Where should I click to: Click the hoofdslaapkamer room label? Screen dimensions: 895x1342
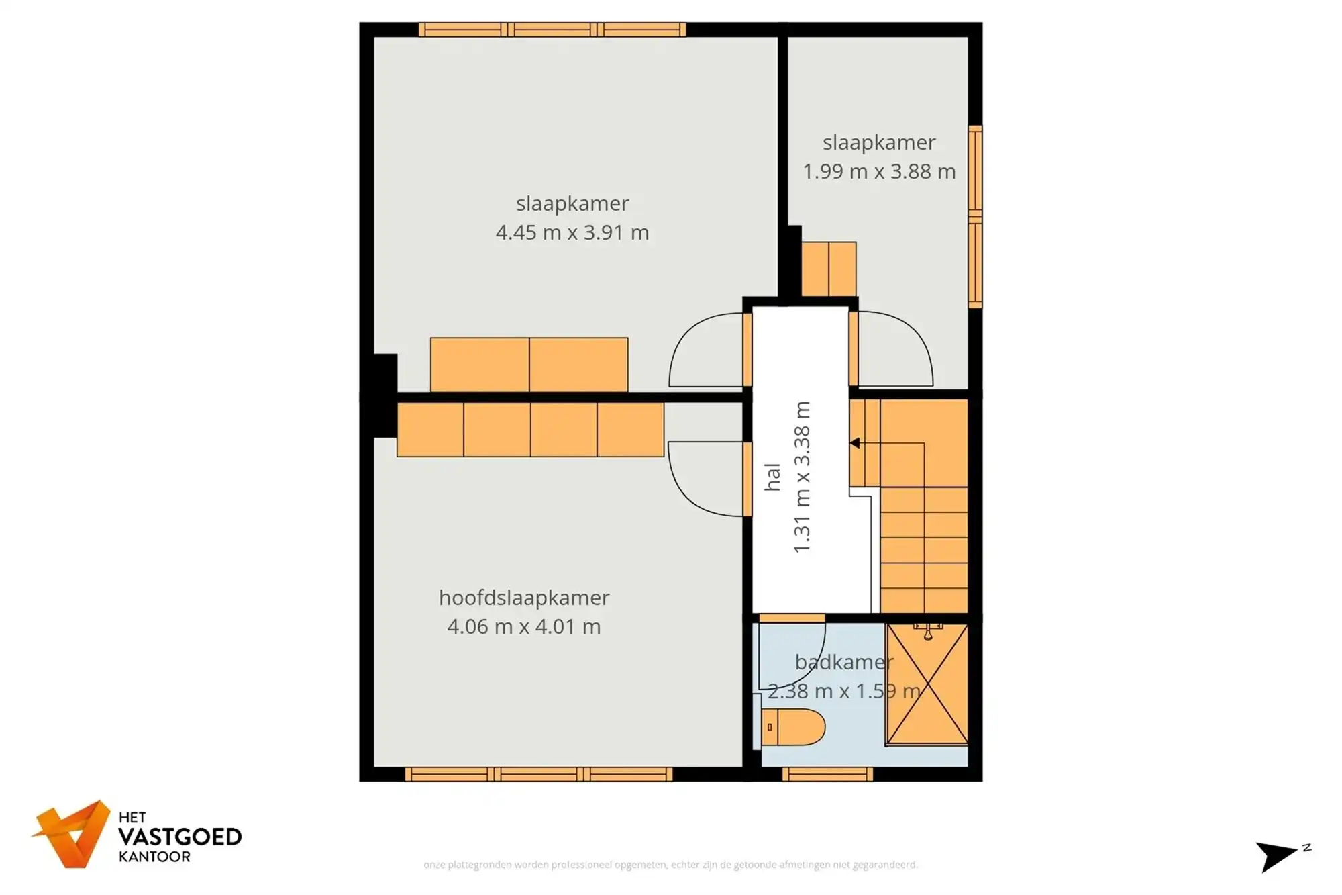tap(524, 597)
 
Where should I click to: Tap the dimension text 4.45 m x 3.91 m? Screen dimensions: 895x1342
tap(572, 232)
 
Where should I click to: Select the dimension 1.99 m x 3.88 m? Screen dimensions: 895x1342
tap(879, 171)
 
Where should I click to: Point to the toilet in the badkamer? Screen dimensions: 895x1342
tap(793, 726)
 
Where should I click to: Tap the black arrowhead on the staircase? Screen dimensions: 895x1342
tap(855, 443)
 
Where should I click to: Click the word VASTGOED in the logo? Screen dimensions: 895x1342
tap(180, 837)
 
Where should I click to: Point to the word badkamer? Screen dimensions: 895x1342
tap(843, 662)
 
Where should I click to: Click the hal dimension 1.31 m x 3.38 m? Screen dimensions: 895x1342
tap(803, 477)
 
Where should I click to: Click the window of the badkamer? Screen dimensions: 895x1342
tap(827, 774)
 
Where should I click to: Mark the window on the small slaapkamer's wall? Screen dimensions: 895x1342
tap(975, 216)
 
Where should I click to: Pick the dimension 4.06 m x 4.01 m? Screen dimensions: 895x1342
tap(523, 626)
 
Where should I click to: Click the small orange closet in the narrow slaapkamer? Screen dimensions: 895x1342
tap(829, 269)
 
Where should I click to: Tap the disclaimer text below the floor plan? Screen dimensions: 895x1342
tap(670, 865)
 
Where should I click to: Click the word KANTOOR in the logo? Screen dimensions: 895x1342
tap(154, 857)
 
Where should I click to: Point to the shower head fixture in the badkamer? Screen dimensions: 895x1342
tap(928, 631)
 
